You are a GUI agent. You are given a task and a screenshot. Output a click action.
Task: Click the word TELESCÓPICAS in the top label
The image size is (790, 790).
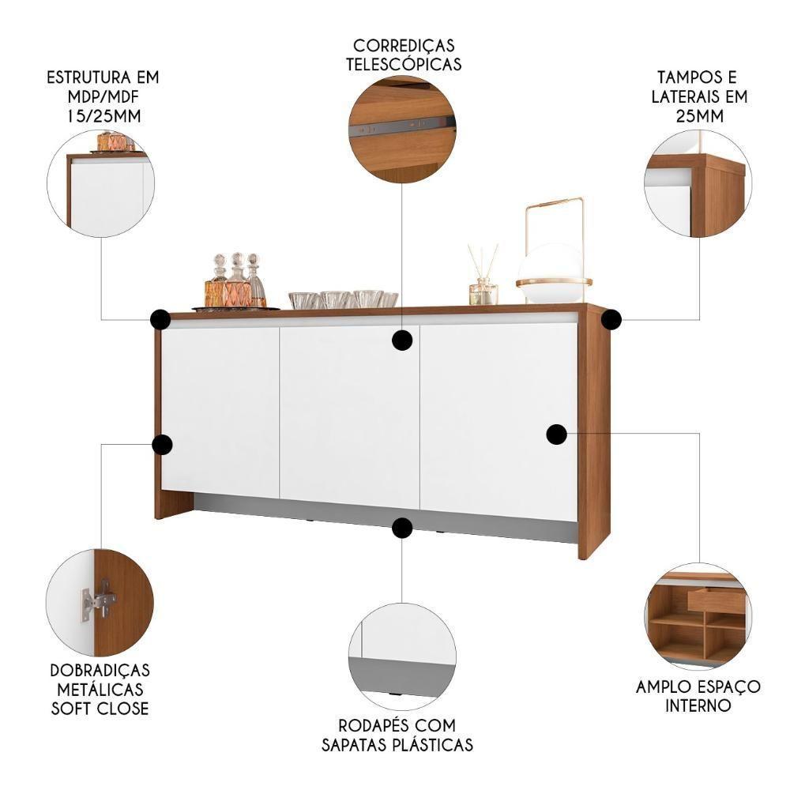coord(403,64)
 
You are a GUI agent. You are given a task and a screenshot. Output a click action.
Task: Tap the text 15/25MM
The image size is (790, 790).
coord(103,115)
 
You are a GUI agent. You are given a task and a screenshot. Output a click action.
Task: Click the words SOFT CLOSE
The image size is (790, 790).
coord(100,708)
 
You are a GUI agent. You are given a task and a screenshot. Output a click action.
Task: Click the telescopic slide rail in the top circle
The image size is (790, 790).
coord(403,125)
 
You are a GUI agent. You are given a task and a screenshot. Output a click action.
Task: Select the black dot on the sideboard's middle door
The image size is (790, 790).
coord(403,340)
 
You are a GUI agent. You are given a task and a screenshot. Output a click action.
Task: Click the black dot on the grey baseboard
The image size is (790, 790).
coord(402,528)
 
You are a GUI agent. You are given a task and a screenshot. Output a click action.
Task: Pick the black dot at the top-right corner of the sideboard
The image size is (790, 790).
coord(611,320)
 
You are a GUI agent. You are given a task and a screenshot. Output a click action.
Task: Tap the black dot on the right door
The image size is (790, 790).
coord(557,434)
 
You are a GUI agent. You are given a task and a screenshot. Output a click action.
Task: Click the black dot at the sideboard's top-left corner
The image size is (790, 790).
coord(160,320)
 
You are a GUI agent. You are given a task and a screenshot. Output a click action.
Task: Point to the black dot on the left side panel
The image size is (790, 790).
coord(162,445)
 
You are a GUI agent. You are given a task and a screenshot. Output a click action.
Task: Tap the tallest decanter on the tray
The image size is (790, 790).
coord(236,281)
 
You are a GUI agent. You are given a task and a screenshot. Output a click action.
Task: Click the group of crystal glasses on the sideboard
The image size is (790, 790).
coord(343,299)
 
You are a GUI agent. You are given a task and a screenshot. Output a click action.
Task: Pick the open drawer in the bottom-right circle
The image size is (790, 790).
coord(716,600)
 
